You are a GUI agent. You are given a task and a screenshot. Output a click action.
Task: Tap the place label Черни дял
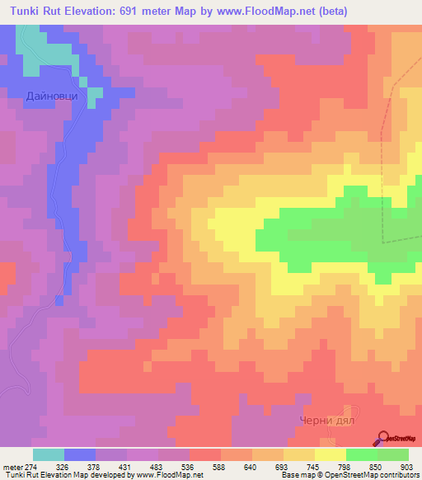click(327, 419)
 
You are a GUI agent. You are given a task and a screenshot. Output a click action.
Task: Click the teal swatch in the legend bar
click(49, 454)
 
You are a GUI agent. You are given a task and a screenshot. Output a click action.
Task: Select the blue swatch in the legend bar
click(80, 454)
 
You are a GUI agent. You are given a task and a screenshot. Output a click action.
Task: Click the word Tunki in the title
click(27, 12)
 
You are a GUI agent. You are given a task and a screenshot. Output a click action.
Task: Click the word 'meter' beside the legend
click(12, 467)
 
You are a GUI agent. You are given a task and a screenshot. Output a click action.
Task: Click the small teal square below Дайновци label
click(95, 92)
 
